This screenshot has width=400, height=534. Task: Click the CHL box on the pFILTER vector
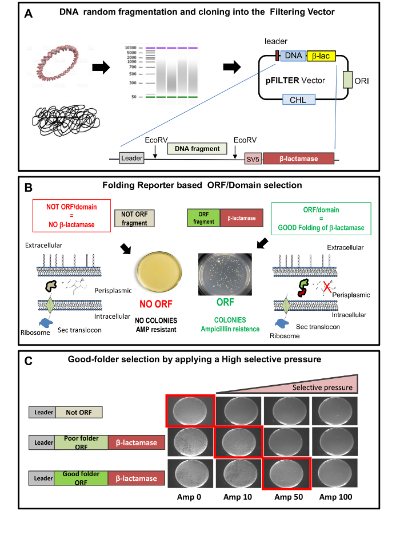[x=299, y=100]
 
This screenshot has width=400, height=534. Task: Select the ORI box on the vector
[x=347, y=80]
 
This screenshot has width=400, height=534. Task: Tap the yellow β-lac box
[x=321, y=56]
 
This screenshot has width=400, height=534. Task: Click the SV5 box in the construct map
[x=253, y=159]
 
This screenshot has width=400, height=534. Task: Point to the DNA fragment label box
[x=197, y=148]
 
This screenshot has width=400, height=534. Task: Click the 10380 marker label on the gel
[x=131, y=48]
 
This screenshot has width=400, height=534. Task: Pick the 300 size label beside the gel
[x=133, y=83]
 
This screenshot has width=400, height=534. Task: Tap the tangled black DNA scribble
[x=66, y=120]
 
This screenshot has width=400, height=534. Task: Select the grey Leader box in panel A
[x=131, y=158]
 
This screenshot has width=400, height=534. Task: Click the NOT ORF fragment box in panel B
[x=134, y=218]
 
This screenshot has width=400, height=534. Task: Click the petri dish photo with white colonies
[x=225, y=274]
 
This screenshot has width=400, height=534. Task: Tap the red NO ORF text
[x=156, y=304]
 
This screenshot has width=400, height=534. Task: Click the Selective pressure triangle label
[x=322, y=387]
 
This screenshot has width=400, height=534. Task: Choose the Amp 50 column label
[x=289, y=497]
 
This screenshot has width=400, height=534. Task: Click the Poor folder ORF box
[x=81, y=442]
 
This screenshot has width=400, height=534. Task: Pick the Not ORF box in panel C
[x=79, y=413]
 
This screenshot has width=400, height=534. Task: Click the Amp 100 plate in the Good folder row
[x=335, y=473]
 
